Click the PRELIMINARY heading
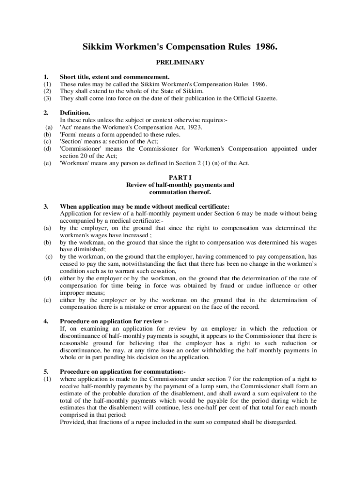(180, 62)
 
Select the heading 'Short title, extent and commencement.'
(115, 77)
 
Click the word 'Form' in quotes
(69, 135)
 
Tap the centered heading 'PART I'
(180, 178)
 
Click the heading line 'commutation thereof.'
(180, 192)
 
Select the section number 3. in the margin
(46, 206)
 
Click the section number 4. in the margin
(46, 321)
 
